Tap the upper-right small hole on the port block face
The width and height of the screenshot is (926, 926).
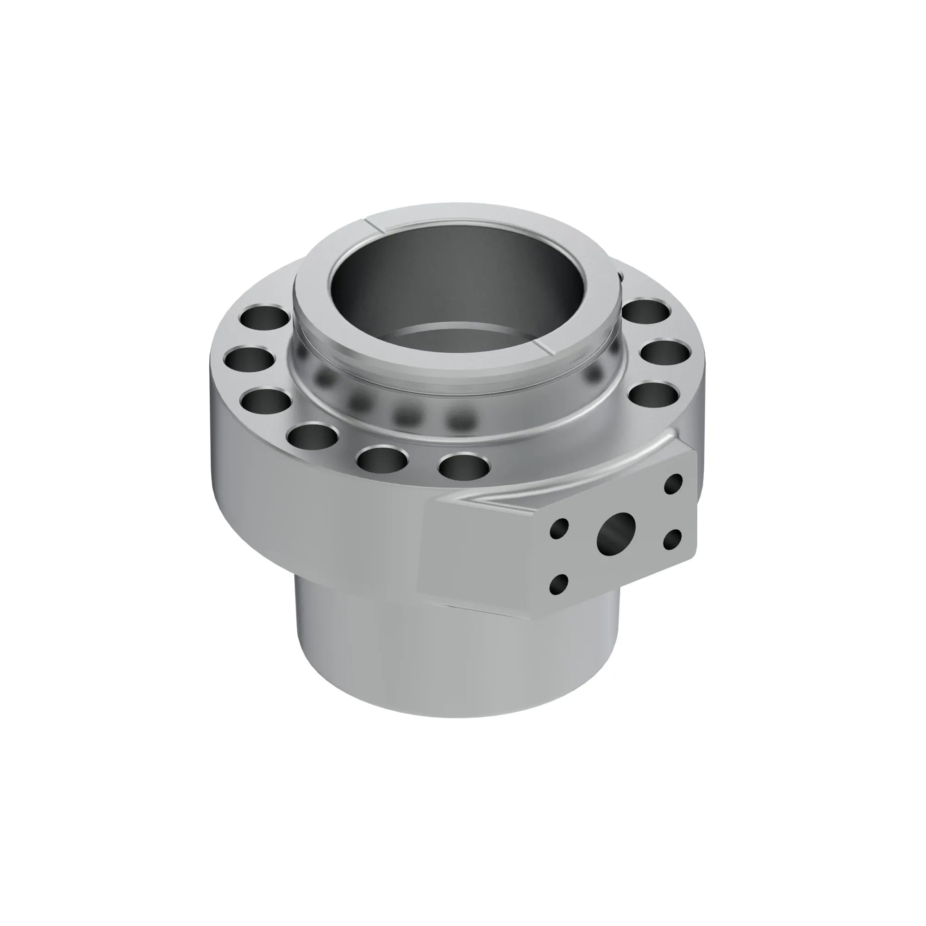point(674,484)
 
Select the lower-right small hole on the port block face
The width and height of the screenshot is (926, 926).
point(673,539)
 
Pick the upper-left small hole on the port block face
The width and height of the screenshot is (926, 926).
point(559,528)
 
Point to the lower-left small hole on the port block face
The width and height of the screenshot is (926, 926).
point(559,584)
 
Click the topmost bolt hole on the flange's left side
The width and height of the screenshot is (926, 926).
point(265,316)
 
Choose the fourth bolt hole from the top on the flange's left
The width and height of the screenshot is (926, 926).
point(313,435)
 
